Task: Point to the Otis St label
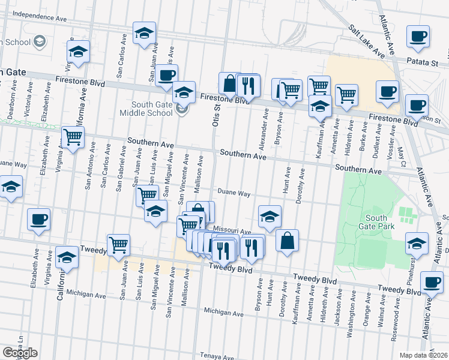tap(216, 113)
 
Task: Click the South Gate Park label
tap(376, 222)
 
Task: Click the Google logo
tap(20, 353)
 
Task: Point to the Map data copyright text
tap(424, 355)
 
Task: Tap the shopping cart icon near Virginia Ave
tap(73, 136)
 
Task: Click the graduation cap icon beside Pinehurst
tap(417, 243)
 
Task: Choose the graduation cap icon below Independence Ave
tap(144, 33)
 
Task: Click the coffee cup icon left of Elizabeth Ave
tap(39, 219)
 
